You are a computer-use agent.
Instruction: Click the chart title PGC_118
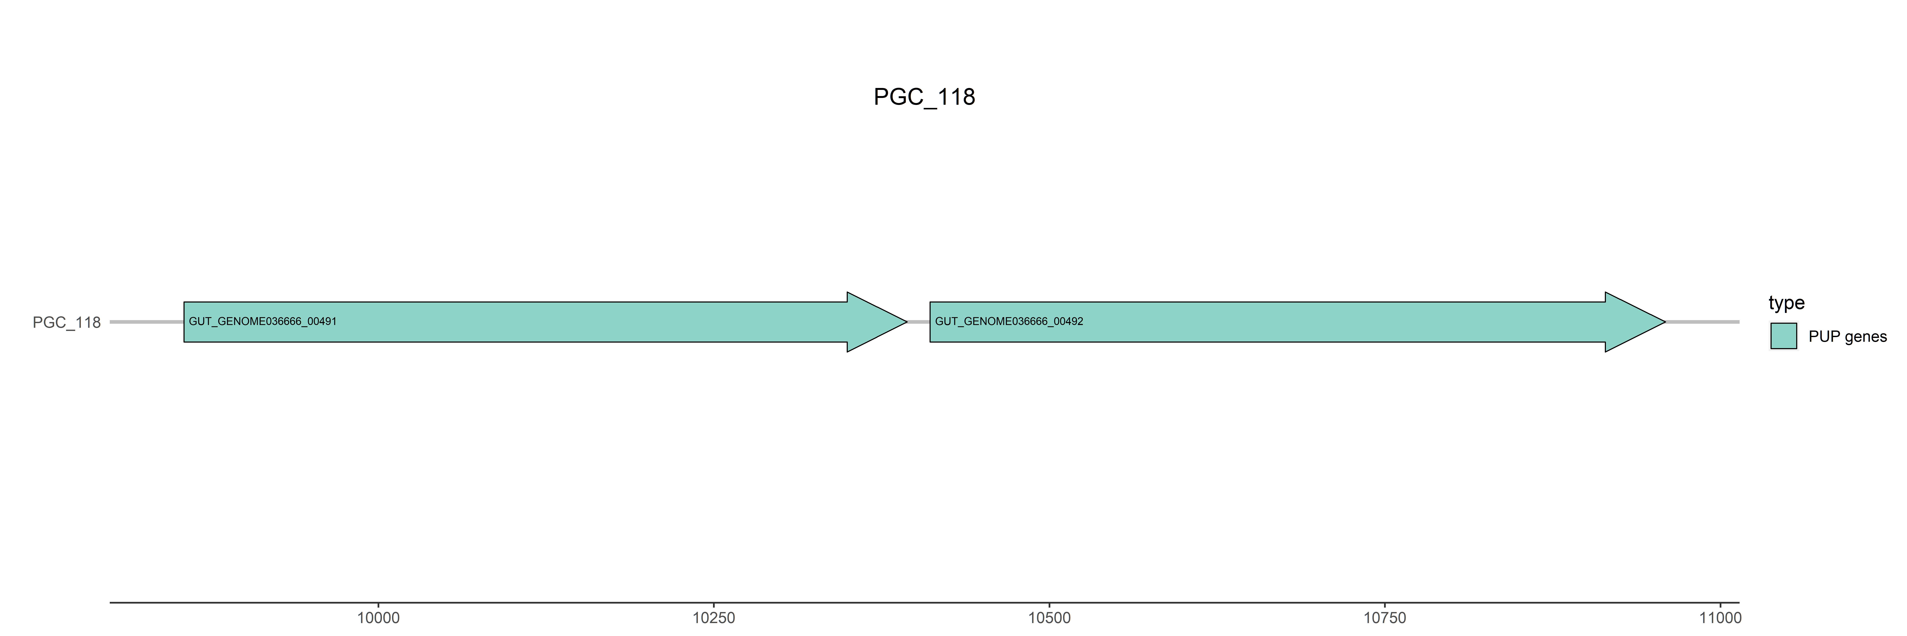coord(924,97)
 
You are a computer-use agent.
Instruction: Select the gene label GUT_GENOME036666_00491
coord(263,321)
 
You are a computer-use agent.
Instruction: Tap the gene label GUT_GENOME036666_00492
coord(1009,321)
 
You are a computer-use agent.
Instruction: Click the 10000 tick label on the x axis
coord(378,618)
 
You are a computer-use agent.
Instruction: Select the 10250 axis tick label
coord(714,618)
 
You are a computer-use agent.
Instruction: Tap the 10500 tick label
coord(1049,618)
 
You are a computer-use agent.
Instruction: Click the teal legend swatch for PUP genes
coord(1783,336)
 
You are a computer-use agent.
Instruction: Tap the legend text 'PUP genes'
coord(1847,337)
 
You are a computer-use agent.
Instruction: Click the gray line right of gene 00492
coord(1703,322)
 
